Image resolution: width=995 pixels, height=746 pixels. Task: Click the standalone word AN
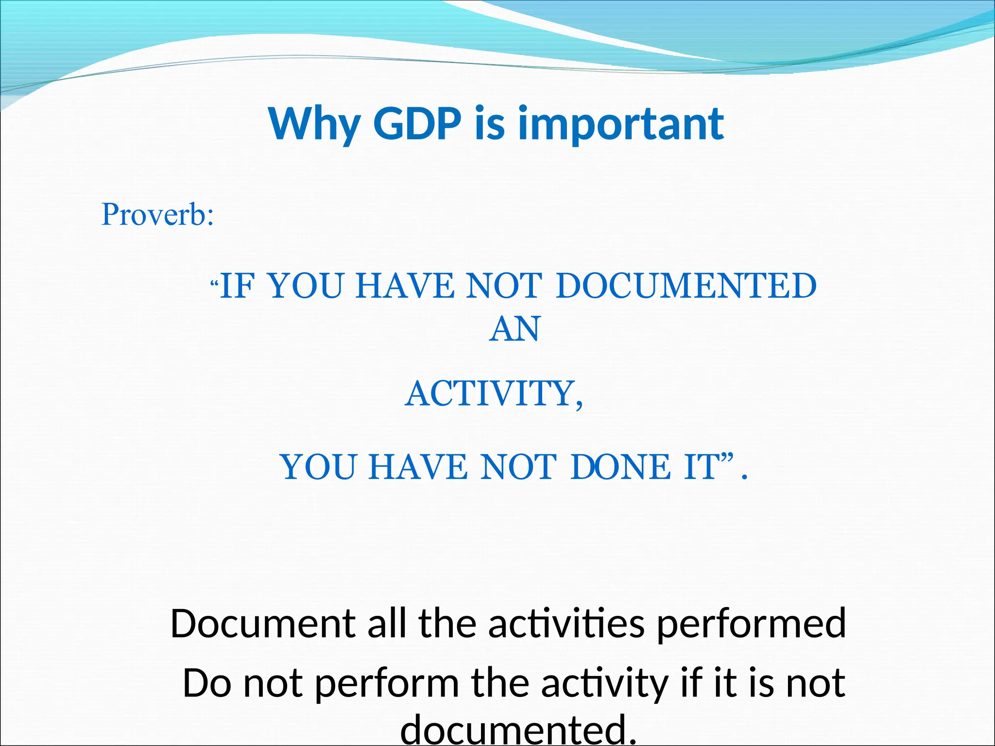(x=514, y=329)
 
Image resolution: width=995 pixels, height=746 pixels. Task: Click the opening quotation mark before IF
(x=214, y=282)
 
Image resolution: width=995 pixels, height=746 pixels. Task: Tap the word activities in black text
(x=566, y=624)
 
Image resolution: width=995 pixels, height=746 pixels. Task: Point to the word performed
(x=752, y=624)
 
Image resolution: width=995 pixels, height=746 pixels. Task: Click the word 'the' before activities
(x=447, y=624)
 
